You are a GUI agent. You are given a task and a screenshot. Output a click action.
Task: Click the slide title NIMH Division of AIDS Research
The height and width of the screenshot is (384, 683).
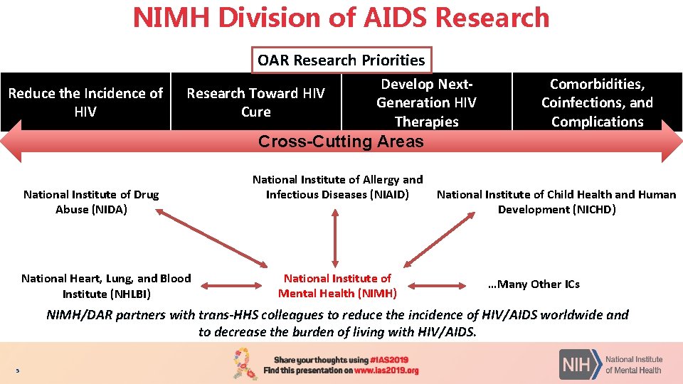pos(341,18)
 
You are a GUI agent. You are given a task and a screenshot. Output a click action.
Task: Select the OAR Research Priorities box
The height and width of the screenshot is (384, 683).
pos(341,60)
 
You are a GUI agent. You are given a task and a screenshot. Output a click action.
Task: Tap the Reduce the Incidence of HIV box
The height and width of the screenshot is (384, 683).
pos(85,102)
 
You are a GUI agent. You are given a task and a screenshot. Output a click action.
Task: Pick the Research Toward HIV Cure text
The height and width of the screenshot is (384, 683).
pos(255,102)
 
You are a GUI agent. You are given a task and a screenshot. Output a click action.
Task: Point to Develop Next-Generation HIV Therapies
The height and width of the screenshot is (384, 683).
pos(426,102)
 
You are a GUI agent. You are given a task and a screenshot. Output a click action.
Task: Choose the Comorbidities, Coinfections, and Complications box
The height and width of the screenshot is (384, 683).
pos(597,102)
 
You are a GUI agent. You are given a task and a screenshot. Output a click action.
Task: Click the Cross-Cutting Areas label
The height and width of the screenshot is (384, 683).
pos(341,142)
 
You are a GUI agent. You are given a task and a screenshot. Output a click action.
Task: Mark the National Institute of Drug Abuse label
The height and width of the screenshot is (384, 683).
pos(91,201)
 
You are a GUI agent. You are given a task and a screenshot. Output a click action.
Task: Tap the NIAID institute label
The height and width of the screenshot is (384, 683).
pos(337,187)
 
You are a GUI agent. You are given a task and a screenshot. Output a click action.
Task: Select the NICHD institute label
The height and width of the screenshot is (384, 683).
pos(556,201)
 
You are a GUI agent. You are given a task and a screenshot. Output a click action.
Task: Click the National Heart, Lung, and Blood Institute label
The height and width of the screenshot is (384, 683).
pos(106,286)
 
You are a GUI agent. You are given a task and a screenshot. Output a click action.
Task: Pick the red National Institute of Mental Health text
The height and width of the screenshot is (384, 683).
pos(337,286)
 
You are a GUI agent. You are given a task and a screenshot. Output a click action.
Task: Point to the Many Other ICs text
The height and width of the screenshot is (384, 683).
pos(534,284)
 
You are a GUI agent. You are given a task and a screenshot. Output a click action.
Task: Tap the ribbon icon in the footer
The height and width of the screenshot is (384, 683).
pos(246,363)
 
